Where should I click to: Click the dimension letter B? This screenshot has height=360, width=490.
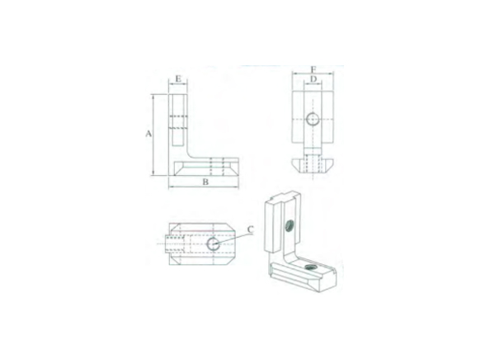[x=204, y=182]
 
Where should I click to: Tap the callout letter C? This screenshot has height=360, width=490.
[x=250, y=230]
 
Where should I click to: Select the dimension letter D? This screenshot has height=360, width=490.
[x=313, y=80]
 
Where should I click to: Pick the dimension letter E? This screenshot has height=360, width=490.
[x=179, y=80]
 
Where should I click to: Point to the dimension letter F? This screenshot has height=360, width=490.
[x=313, y=69]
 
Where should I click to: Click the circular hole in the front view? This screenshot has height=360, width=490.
[x=313, y=120]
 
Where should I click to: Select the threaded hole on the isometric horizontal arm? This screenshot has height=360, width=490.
[x=312, y=266]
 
